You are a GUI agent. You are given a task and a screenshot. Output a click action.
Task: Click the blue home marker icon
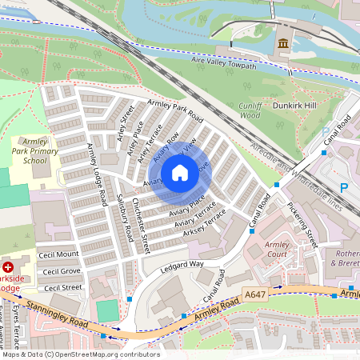pyautogui.click(x=180, y=173)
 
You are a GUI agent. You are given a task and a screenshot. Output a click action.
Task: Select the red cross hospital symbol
pyautogui.click(x=8, y=266)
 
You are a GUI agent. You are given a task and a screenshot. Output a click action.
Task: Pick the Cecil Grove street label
pyautogui.click(x=60, y=271)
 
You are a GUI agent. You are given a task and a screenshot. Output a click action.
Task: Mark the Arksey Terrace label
pyautogui.click(x=205, y=222)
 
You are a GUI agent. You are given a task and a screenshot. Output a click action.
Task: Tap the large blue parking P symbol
pyautogui.click(x=344, y=187)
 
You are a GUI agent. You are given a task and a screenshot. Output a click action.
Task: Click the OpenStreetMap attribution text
pyautogui.click(x=80, y=354)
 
